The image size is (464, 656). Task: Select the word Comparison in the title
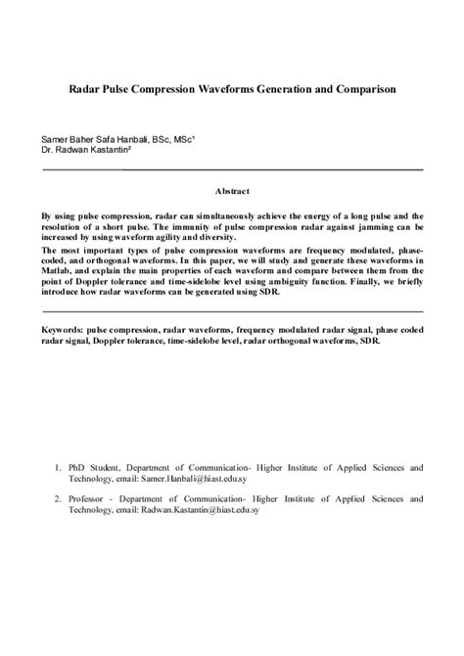(360, 88)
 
